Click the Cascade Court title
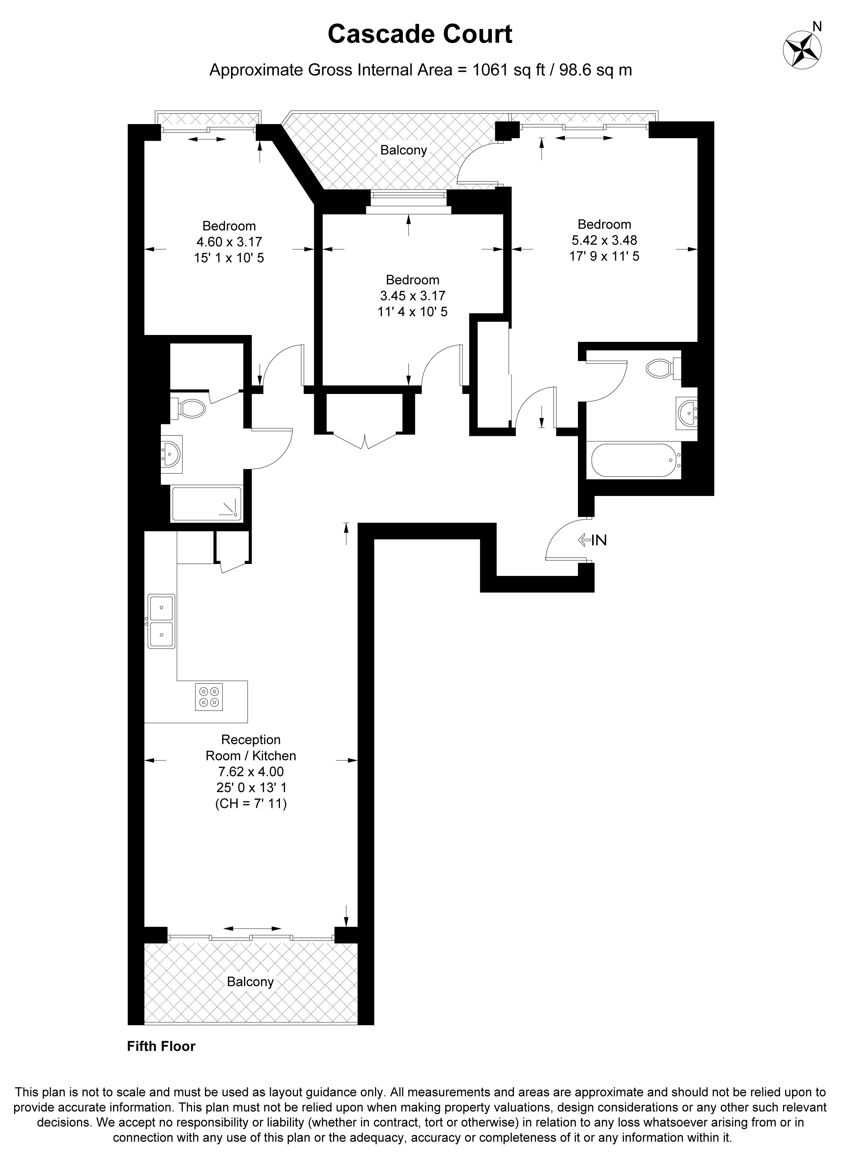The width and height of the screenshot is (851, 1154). (420, 34)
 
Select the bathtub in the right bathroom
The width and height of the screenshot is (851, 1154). (634, 460)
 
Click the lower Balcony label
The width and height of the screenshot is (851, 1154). (250, 981)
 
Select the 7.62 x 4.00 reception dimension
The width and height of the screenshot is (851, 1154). (251, 771)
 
